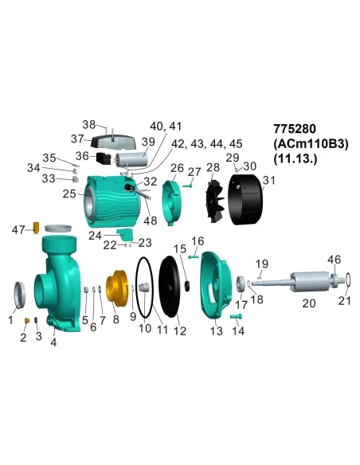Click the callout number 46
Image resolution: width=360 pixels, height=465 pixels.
335,260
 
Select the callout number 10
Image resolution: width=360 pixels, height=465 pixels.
145,327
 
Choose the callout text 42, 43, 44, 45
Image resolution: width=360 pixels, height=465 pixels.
207,143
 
